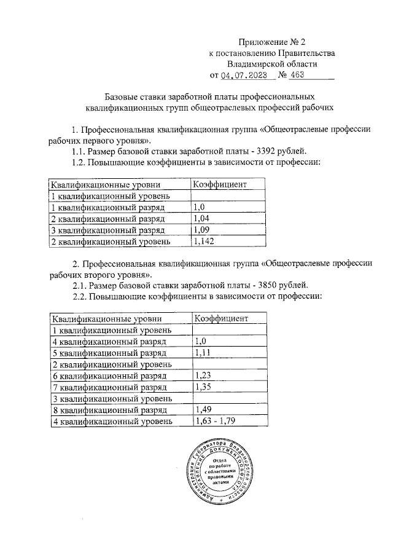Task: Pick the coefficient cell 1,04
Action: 202,219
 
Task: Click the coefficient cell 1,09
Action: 202,230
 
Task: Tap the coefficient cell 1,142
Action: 204,242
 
